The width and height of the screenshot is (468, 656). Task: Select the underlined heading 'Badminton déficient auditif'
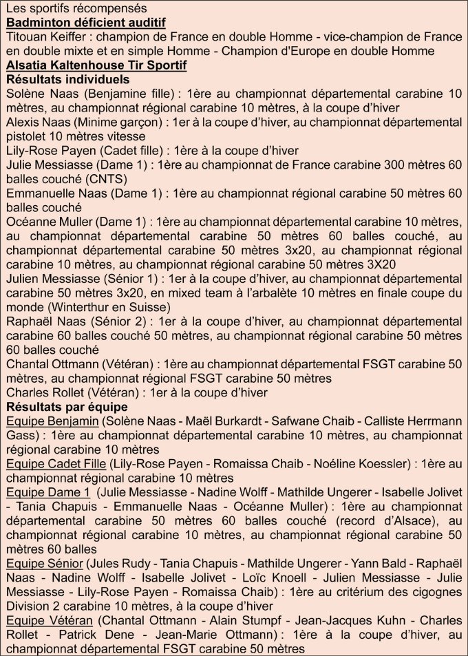click(85, 22)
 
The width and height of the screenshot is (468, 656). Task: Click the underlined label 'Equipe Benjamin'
click(52, 421)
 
